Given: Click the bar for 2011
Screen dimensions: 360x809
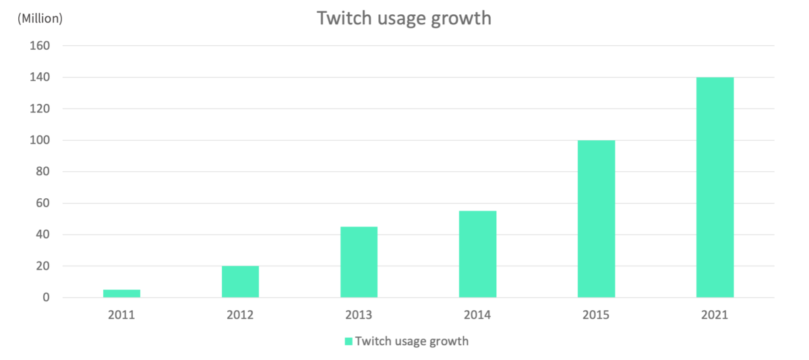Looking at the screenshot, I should [x=121, y=294].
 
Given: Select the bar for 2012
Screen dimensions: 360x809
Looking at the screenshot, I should [x=240, y=282].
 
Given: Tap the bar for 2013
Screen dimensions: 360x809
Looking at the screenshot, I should [x=359, y=262].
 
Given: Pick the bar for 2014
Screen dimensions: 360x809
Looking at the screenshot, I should [x=477, y=254].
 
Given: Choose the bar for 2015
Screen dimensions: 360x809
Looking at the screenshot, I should [x=596, y=219].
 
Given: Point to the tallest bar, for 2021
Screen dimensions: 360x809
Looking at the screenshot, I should [x=715, y=187].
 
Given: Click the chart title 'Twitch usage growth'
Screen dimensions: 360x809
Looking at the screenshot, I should [x=404, y=18].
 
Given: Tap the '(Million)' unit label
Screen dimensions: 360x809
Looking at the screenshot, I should [x=40, y=18].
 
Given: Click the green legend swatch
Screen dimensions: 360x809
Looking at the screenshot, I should [x=349, y=341].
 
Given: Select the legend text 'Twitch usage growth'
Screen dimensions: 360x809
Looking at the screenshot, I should [x=411, y=341].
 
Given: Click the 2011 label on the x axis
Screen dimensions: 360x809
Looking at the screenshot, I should [x=121, y=316].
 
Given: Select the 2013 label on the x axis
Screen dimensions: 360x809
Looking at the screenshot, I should [x=359, y=316].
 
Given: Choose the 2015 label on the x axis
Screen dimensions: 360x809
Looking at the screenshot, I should [x=596, y=316].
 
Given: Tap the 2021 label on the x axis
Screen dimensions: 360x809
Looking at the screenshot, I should [x=715, y=316].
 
